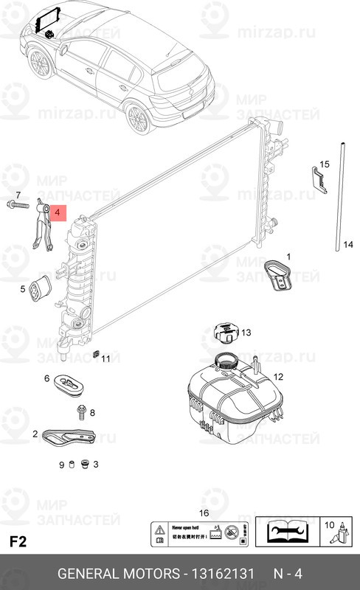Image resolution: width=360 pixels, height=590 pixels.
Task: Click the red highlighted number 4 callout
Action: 58,213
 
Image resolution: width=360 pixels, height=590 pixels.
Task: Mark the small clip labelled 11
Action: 97,353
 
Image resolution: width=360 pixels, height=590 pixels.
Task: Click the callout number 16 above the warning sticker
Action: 204,513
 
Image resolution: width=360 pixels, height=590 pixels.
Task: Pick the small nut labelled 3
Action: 84,464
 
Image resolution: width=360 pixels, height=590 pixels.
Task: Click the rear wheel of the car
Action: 138,117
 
